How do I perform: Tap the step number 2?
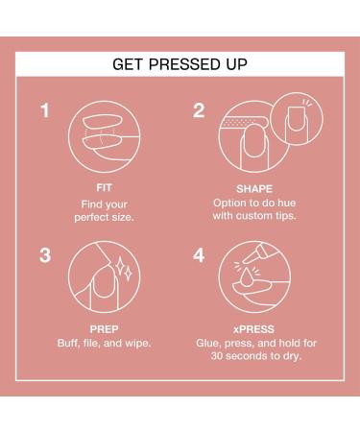click(198, 111)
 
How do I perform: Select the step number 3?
click(44, 255)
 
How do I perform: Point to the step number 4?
click(199, 255)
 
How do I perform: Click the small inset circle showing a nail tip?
click(297, 120)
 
